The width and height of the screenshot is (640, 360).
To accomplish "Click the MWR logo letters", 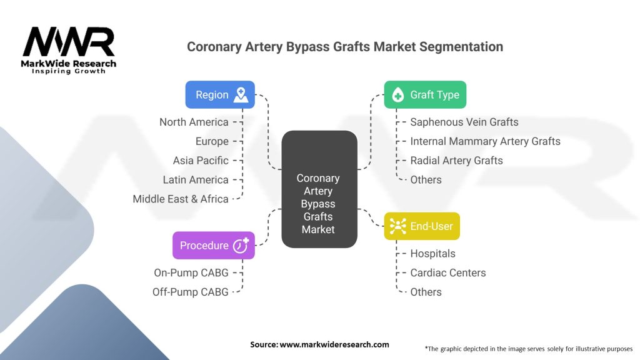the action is click(x=69, y=42).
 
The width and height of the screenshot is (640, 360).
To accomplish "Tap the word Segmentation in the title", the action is click(x=461, y=47).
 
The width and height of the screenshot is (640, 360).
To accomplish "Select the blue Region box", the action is click(x=220, y=95).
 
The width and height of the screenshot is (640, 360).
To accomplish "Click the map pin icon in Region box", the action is click(x=241, y=95).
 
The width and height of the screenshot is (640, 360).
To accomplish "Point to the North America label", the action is click(x=194, y=122).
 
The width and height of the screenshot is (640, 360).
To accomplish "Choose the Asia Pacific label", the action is click(x=201, y=161).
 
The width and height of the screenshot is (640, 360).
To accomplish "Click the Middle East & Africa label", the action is click(x=181, y=199).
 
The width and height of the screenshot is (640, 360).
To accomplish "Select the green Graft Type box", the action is click(x=425, y=95).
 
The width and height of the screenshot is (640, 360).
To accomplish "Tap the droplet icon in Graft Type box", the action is click(x=397, y=95).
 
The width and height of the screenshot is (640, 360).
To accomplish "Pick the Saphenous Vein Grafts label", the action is click(x=464, y=122).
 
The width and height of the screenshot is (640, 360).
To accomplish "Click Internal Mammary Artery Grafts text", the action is click(x=485, y=141).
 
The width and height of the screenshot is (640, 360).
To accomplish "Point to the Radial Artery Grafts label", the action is click(x=456, y=161).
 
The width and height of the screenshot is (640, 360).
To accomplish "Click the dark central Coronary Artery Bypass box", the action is click(x=319, y=189).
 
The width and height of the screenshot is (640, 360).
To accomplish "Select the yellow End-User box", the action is click(x=422, y=226).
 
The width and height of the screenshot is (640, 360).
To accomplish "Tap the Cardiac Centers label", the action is click(x=448, y=272).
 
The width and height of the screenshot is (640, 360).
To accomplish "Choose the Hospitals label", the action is click(x=432, y=254).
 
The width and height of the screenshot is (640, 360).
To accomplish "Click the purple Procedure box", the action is click(x=214, y=245).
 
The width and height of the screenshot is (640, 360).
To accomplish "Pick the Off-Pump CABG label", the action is click(x=190, y=292).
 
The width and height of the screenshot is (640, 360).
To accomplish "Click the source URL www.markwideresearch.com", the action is click(x=334, y=344).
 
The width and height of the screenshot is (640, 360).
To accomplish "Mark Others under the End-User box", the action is click(x=426, y=292).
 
